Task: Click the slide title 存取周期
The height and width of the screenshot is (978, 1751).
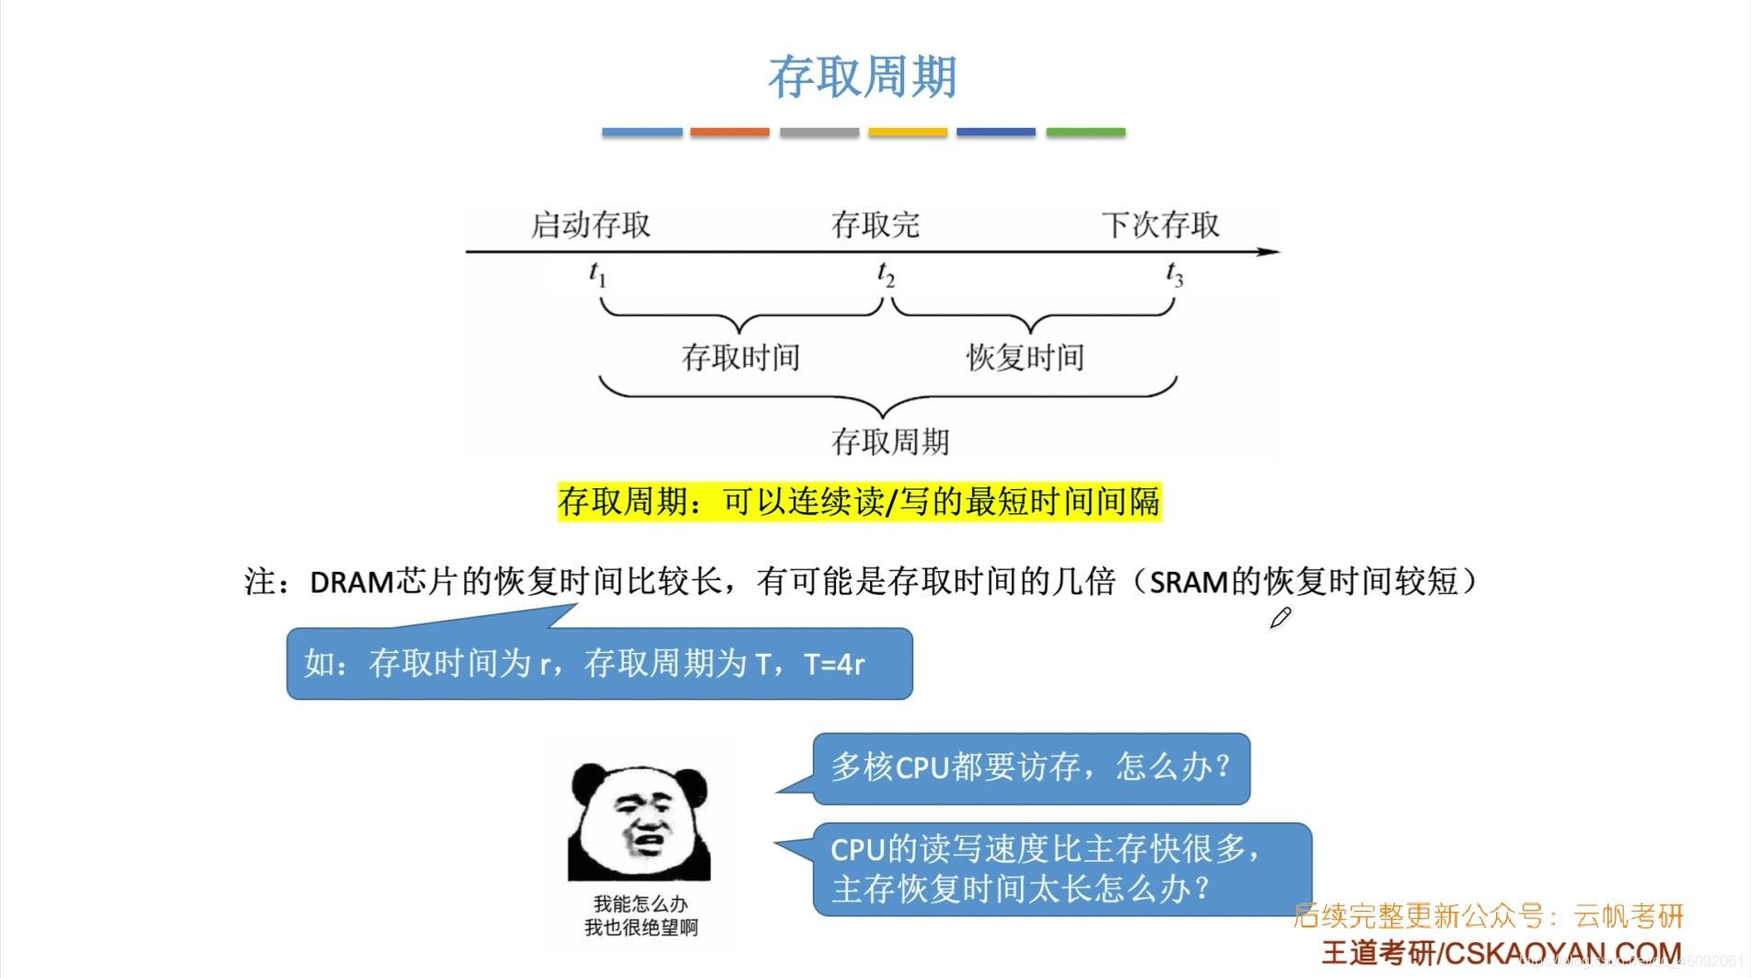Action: click(863, 76)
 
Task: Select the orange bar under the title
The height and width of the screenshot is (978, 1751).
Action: click(729, 133)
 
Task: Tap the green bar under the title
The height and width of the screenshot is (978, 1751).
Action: click(1085, 133)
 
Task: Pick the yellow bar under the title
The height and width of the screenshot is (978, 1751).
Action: click(907, 133)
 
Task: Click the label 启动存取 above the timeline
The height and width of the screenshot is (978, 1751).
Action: click(590, 225)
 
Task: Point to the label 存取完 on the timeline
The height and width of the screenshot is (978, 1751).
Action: click(875, 225)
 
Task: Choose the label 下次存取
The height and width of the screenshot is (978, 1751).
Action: click(1160, 225)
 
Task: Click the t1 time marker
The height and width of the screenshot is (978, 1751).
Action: click(597, 274)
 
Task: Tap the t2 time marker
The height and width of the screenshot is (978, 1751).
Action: click(885, 274)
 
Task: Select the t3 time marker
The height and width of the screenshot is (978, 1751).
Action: click(1174, 274)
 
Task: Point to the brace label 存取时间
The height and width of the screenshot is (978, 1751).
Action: click(740, 357)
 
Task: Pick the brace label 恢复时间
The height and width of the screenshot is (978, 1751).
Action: click(1025, 357)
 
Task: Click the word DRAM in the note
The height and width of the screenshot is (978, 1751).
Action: click(352, 582)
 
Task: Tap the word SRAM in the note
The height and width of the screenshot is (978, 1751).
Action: click(1189, 582)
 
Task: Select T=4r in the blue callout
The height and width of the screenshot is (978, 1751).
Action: click(834, 664)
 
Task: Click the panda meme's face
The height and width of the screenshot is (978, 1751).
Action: click(639, 819)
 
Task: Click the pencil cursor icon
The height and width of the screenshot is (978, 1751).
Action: click(1280, 618)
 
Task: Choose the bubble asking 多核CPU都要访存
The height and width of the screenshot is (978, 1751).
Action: click(1030, 767)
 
